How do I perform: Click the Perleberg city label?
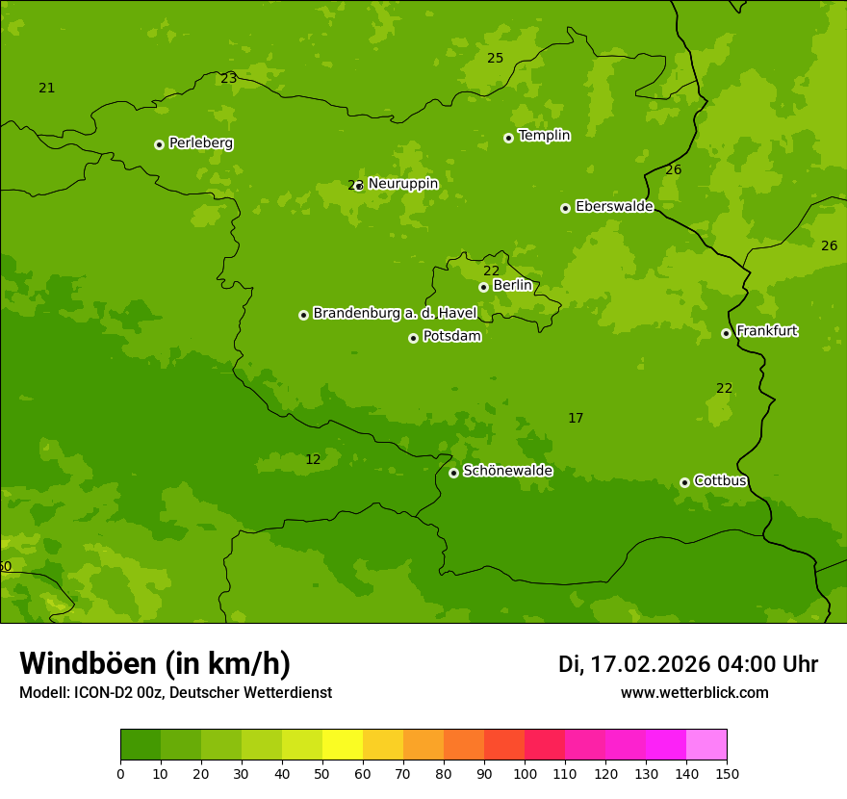[x=200, y=143]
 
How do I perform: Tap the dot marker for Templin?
[x=508, y=138]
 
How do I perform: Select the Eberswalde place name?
[x=614, y=207]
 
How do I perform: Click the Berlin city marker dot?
[x=483, y=287]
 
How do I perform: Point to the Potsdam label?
[x=451, y=337]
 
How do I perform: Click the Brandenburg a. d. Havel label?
[x=395, y=314]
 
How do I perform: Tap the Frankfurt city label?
[x=766, y=331]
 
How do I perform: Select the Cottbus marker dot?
[x=684, y=482]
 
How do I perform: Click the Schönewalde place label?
[x=507, y=472]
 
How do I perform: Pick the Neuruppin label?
[x=402, y=184]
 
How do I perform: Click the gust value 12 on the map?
[x=313, y=460]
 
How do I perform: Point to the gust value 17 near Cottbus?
[x=576, y=419]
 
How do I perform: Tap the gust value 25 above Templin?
[x=495, y=59]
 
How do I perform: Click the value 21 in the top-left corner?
[x=46, y=89]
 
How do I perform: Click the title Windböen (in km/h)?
[x=155, y=663]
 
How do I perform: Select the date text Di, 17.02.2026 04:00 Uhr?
[x=687, y=664]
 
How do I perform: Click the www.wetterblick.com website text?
[x=694, y=693]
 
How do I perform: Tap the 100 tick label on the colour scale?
[x=525, y=774]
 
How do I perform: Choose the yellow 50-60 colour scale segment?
[x=343, y=745]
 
